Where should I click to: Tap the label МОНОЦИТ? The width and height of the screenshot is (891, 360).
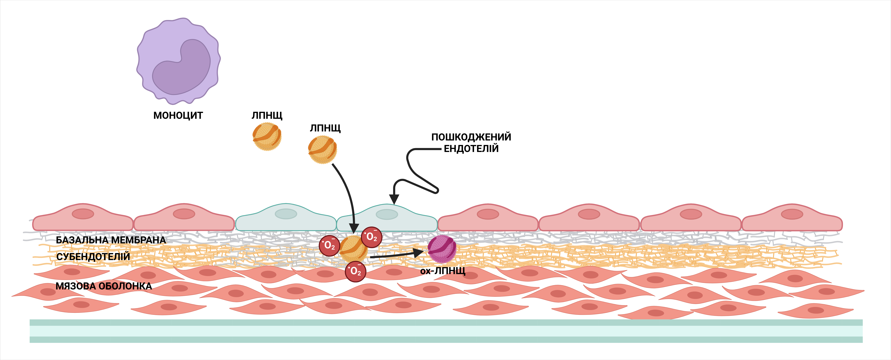(x=178, y=115)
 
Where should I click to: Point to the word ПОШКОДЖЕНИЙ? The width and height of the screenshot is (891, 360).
(x=471, y=137)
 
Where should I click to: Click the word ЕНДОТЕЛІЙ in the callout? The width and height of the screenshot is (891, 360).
(x=471, y=149)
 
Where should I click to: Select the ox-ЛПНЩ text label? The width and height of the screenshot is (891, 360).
(x=443, y=271)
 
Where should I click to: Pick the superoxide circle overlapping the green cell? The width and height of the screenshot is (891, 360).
(x=372, y=237)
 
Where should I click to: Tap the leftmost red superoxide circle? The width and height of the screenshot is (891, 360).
(x=329, y=246)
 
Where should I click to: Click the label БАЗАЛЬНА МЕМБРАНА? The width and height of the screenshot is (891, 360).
(x=111, y=240)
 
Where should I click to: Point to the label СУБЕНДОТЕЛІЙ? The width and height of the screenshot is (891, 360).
(x=93, y=257)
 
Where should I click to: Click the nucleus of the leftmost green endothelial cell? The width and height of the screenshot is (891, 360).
(x=286, y=214)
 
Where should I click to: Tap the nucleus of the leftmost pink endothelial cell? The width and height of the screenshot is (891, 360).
(x=83, y=214)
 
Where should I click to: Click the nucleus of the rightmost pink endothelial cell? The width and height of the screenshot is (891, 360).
(x=792, y=214)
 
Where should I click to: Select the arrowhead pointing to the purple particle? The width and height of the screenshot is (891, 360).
(x=418, y=253)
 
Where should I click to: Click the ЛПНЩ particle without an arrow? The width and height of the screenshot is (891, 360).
(x=267, y=137)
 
